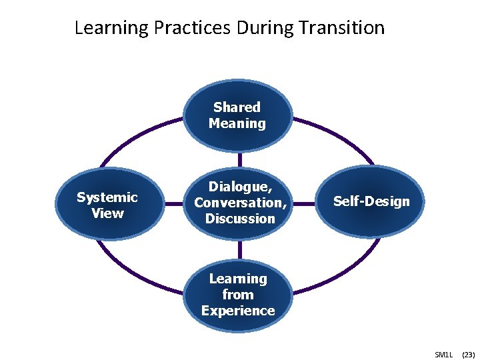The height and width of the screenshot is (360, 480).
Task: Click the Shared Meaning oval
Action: tap(237, 115)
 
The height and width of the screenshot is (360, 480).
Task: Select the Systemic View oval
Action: tap(107, 205)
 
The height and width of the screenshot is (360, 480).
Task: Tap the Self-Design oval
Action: tap(371, 201)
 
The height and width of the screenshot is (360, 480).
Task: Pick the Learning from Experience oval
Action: tap(238, 294)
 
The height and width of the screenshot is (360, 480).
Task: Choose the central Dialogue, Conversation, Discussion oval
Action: tap(239, 202)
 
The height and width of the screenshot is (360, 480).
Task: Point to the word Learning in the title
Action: tap(111, 28)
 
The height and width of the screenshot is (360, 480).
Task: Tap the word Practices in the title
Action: tap(192, 28)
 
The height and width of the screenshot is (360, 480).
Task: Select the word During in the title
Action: tap(266, 28)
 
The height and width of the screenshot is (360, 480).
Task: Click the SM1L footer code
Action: tap(443, 354)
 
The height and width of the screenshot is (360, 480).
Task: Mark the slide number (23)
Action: tap(467, 354)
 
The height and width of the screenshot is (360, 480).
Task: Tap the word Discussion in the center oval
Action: tap(240, 219)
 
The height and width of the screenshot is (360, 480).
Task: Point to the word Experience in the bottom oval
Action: tap(238, 311)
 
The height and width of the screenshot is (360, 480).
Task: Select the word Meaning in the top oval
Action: tap(237, 123)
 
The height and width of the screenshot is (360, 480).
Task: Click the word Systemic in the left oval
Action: tap(107, 197)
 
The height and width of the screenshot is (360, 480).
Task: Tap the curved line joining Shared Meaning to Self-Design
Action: tap(340, 137)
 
